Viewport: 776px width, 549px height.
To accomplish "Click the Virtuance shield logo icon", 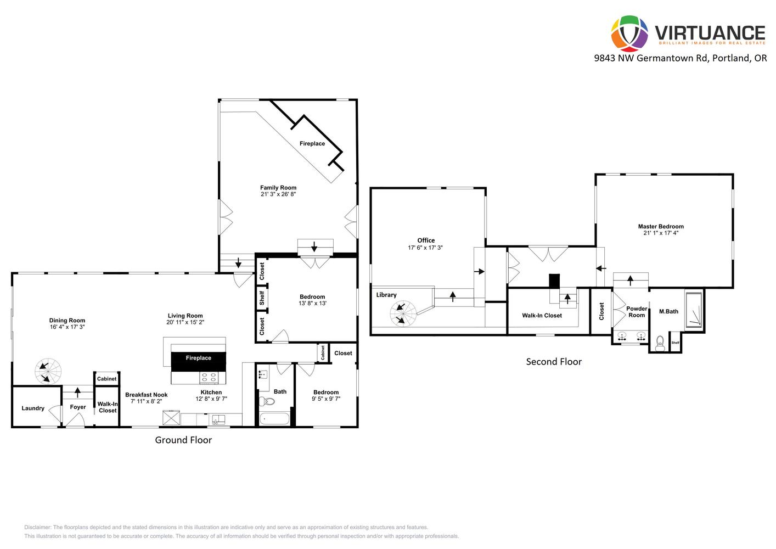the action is pyautogui.click(x=629, y=33).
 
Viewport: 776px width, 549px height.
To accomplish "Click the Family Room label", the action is pyautogui.click(x=278, y=188).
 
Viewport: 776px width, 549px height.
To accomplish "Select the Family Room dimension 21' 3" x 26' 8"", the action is pyautogui.click(x=278, y=194).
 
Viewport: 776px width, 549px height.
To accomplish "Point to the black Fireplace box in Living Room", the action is pyautogui.click(x=199, y=361).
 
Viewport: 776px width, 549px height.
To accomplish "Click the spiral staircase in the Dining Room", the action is pyautogui.click(x=48, y=372).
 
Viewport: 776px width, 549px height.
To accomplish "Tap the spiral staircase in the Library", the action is pyautogui.click(x=403, y=313).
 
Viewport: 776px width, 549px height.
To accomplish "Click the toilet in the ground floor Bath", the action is pyautogui.click(x=267, y=401).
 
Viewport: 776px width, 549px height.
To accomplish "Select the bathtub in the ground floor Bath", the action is pyautogui.click(x=274, y=419).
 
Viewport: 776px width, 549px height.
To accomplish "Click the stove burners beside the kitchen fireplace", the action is pyautogui.click(x=209, y=377).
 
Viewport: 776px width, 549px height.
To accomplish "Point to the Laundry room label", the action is pyautogui.click(x=33, y=408).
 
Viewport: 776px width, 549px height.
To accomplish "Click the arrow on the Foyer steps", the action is pyautogui.click(x=77, y=393).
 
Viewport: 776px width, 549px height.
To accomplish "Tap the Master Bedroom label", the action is pyautogui.click(x=661, y=226).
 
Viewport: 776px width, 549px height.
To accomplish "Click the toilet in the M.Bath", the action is pyautogui.click(x=660, y=343).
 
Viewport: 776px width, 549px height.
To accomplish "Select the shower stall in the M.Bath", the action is pyautogui.click(x=694, y=310).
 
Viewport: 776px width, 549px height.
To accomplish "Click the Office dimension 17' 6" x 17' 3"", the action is pyautogui.click(x=425, y=248).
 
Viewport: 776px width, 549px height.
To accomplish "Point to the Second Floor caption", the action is pyautogui.click(x=554, y=362).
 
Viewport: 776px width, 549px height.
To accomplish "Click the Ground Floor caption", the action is pyautogui.click(x=183, y=440).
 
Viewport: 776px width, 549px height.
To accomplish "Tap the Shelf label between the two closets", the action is pyautogui.click(x=262, y=298).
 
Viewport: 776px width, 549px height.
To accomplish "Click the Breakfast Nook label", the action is pyautogui.click(x=146, y=395).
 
